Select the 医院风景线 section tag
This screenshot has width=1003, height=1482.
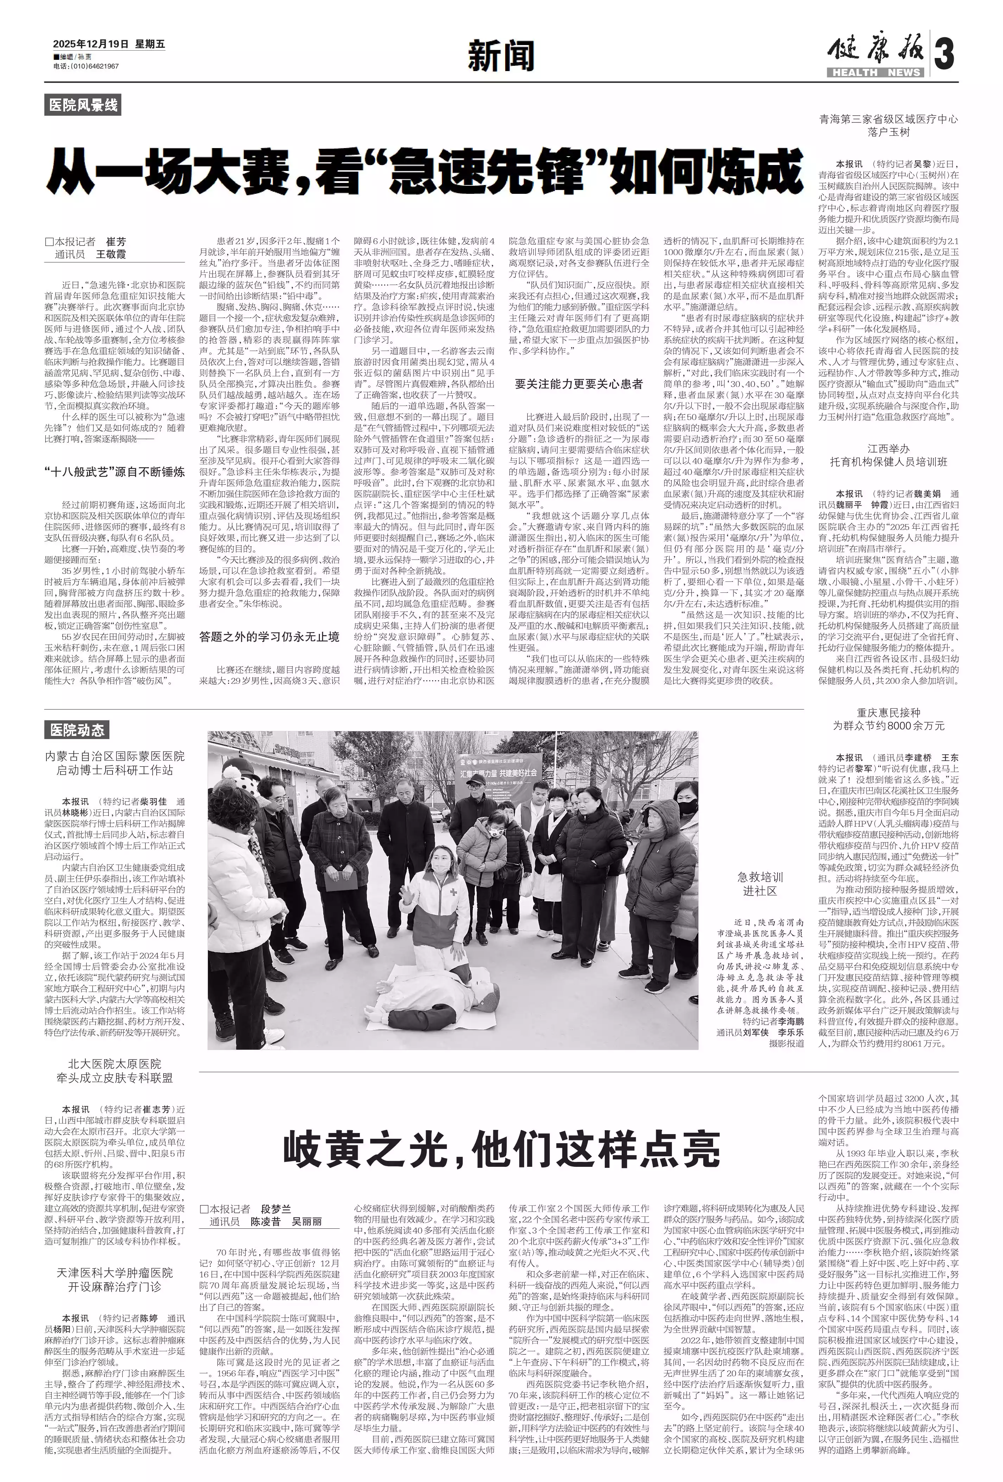[x=83, y=105]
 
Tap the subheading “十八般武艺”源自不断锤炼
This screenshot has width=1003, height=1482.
[x=115, y=472]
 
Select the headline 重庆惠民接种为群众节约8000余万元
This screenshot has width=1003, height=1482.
[x=888, y=719]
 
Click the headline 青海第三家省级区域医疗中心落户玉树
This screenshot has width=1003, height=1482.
[x=888, y=126]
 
